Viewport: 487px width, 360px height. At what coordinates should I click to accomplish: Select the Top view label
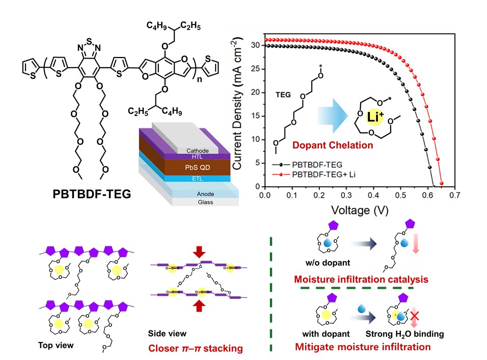(x=56, y=345)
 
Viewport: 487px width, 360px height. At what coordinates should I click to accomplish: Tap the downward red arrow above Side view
(x=199, y=252)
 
